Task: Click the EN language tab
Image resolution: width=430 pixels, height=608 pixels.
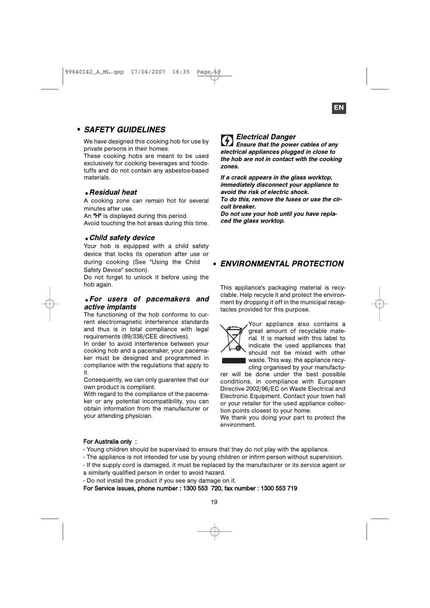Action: point(339,108)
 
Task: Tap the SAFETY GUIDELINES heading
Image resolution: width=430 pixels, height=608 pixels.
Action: point(124,130)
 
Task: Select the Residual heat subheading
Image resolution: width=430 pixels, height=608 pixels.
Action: point(113,192)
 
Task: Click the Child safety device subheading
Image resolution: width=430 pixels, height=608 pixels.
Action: point(122,238)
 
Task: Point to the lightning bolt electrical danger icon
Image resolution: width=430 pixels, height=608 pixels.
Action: point(227,141)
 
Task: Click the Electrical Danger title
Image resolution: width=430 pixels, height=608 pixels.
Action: point(266,137)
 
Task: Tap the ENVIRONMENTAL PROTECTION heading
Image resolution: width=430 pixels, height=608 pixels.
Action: point(282,264)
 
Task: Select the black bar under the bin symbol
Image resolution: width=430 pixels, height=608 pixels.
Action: point(234,360)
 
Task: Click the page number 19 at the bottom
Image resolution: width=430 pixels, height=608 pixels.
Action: point(214,502)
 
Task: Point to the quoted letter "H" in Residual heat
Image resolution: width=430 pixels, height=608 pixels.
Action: point(97,216)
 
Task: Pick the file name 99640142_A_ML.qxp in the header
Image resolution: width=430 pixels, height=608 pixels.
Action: point(94,72)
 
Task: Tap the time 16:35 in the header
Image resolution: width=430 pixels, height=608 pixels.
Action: point(181,72)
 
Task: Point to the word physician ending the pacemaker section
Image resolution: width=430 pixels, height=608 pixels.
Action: point(139,416)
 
